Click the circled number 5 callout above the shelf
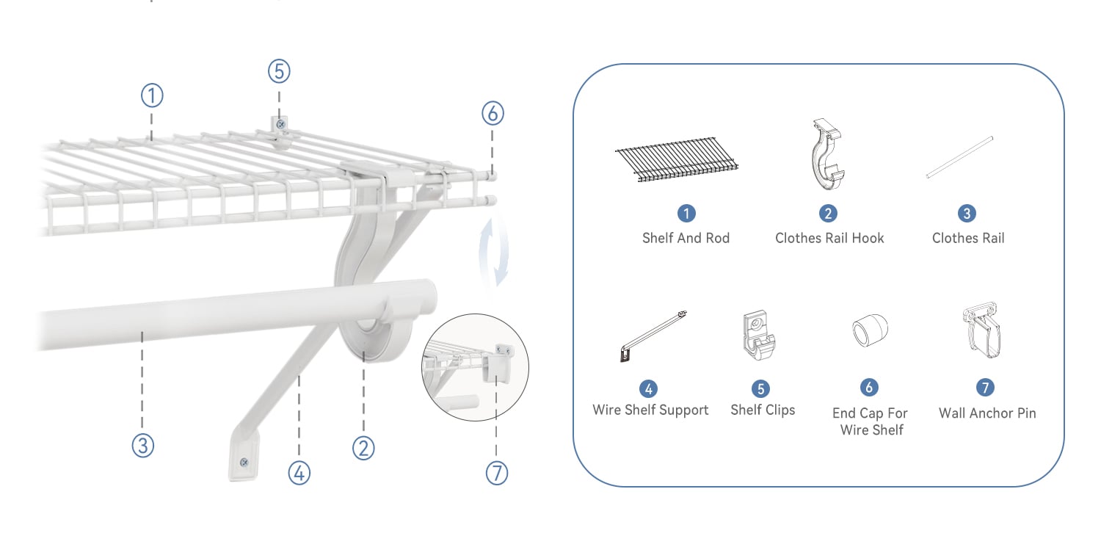pos(279,71)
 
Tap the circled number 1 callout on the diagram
pos(152,96)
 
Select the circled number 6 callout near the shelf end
pos(493,114)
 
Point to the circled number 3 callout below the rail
pos(142,446)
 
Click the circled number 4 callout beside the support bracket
pos(299,474)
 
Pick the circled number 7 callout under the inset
pos(496,474)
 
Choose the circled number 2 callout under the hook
pos(363,448)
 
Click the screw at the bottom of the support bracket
pos(244,463)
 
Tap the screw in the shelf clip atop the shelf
pos(280,124)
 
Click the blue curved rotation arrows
pos(494,253)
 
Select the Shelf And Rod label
pos(686,239)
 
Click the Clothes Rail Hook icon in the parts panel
pos(828,154)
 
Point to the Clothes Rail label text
pos(968,239)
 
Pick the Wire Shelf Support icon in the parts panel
pos(654,336)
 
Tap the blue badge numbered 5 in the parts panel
pos(760,388)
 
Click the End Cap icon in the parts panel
pos(870,330)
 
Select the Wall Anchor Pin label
pos(987,413)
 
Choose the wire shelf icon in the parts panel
pos(676,159)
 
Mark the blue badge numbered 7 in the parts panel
pos(985,387)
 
